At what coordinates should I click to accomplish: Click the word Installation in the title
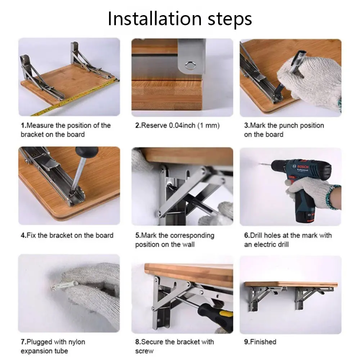coord(154,19)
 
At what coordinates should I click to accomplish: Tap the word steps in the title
coord(230,20)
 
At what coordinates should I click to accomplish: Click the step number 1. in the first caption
coord(23,125)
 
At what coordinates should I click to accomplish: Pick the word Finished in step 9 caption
coord(263,342)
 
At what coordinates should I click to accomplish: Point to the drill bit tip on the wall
coord(260,164)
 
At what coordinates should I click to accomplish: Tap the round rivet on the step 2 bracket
coord(190,66)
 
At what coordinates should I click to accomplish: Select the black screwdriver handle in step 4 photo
coord(87,152)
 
